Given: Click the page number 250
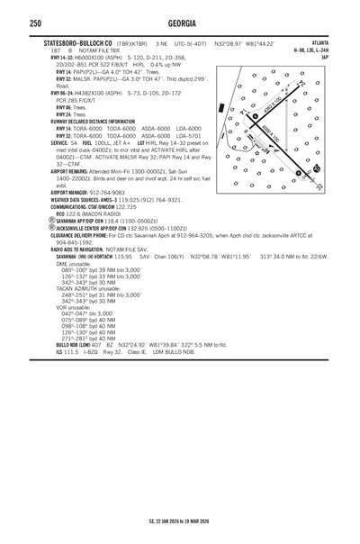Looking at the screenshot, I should pos(12,23).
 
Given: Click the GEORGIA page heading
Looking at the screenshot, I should pos(179,23).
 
